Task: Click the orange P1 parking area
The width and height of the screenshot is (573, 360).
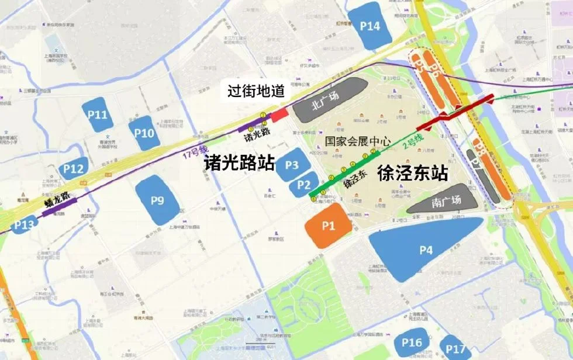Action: [327, 226]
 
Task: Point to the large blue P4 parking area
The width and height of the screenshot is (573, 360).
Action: [426, 250]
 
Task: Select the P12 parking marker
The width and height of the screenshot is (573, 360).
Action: [74, 169]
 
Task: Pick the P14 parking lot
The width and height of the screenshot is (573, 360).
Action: [370, 26]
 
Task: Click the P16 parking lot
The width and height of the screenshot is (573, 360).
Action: [412, 343]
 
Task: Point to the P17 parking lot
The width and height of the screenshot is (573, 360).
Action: [455, 349]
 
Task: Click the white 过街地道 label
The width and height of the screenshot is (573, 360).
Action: [256, 91]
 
